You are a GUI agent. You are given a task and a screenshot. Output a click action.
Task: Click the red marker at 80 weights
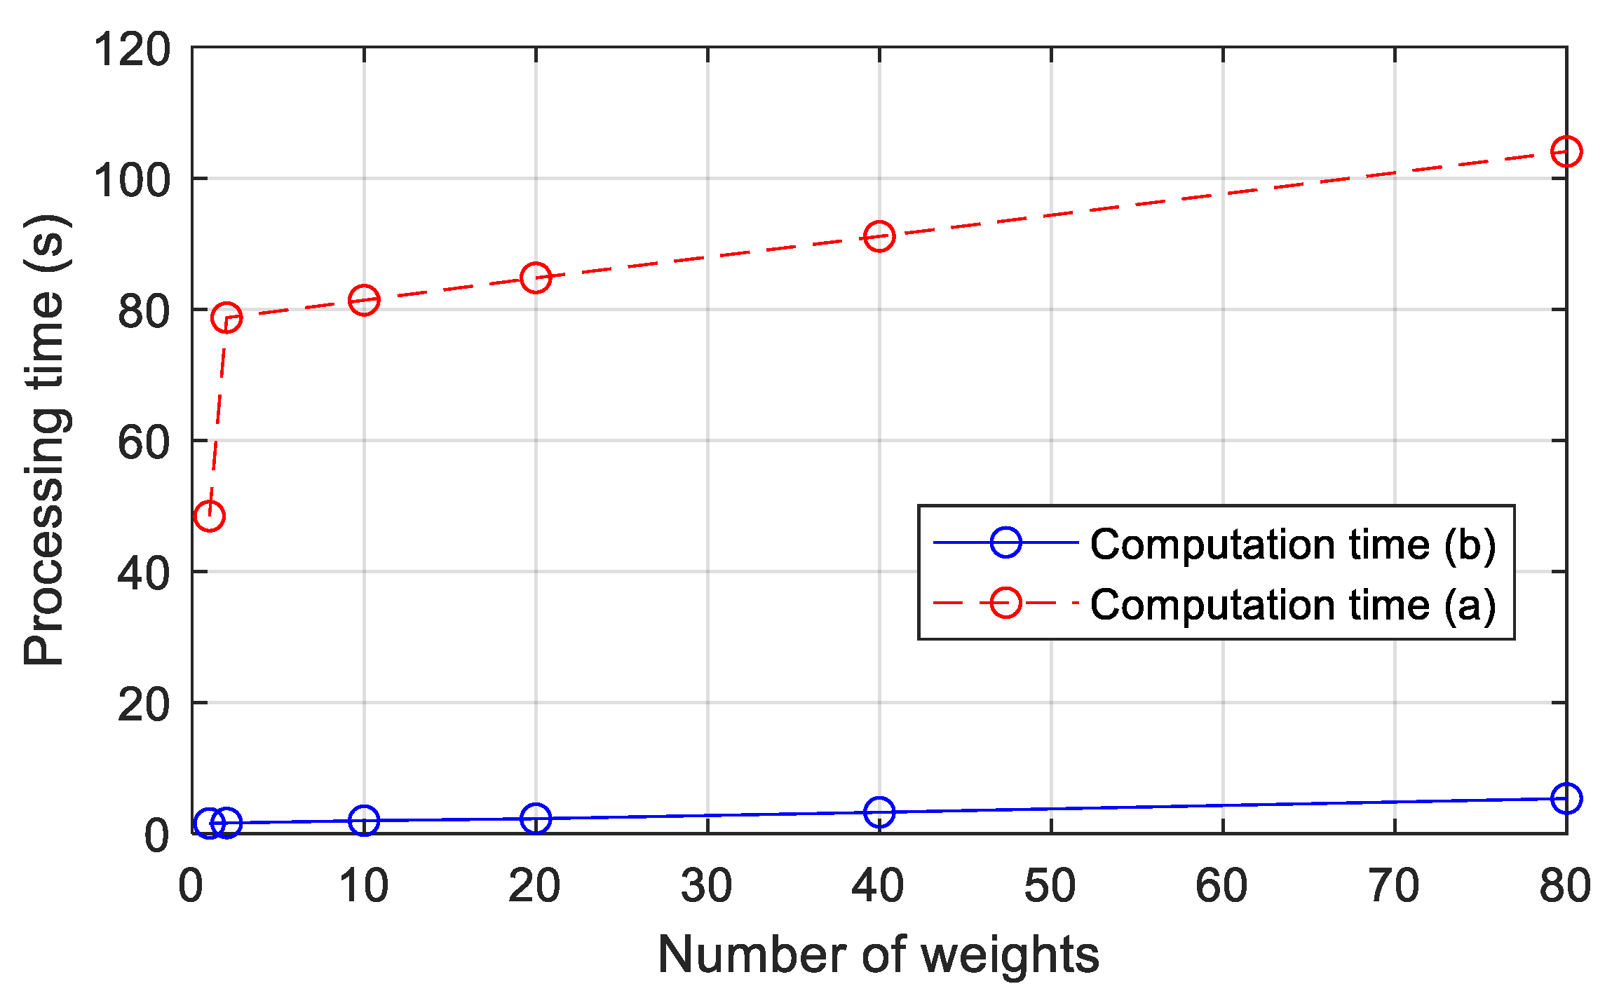click(x=1566, y=151)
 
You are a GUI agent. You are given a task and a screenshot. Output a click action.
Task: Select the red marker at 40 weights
click(x=879, y=236)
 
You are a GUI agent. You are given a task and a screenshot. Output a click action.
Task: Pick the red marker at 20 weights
click(x=536, y=278)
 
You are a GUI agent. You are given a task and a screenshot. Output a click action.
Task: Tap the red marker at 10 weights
click(x=364, y=300)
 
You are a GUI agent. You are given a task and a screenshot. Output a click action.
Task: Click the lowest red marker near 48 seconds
click(x=209, y=516)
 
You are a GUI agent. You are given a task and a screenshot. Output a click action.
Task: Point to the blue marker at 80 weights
click(x=1566, y=798)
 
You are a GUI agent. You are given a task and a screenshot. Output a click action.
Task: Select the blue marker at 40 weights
click(x=879, y=812)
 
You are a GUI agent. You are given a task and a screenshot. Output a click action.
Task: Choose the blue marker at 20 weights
click(x=536, y=818)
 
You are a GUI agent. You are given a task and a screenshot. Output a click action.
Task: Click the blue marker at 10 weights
click(x=364, y=820)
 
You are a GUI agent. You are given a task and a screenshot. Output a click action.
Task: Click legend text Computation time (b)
click(x=1293, y=544)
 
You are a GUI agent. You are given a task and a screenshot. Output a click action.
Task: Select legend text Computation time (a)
click(x=1293, y=604)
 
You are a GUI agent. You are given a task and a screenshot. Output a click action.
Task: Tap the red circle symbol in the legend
click(x=1005, y=603)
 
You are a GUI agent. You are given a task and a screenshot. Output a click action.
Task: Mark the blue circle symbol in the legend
click(x=1005, y=542)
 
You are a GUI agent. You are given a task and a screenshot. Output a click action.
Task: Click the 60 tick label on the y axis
click(x=144, y=443)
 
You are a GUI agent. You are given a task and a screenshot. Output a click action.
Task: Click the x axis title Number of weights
click(x=879, y=955)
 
